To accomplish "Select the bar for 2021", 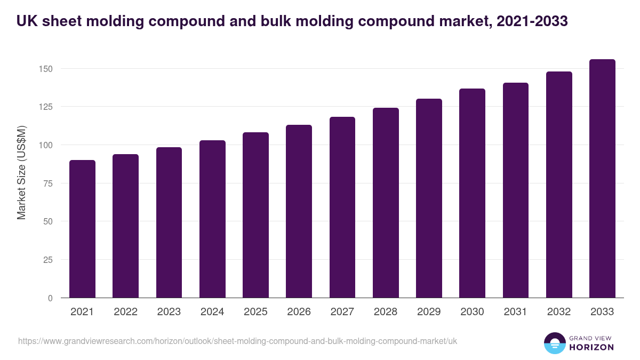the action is point(82,229).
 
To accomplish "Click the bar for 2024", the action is point(212,219).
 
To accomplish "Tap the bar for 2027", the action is point(342,207).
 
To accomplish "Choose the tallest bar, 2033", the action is point(602,179).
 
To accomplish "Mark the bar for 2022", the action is point(125,226).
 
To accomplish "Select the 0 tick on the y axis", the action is point(50,298).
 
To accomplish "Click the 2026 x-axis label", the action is point(299,312).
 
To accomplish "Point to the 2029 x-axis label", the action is point(429,312).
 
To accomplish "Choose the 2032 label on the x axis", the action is point(559,312).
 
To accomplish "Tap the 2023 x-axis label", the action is point(169,312).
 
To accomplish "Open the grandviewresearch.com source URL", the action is point(237,341).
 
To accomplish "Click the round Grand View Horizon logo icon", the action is point(555,343).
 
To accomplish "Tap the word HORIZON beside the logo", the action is point(591,347).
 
